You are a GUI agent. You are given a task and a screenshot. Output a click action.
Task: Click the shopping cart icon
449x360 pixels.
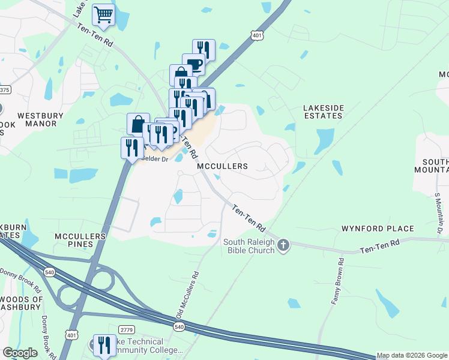(x=104, y=14)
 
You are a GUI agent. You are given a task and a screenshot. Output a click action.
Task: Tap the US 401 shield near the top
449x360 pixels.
(x=257, y=36)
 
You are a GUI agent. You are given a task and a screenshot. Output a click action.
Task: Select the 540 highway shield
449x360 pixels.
(x=178, y=326)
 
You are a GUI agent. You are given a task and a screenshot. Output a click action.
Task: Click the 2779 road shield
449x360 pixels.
(x=126, y=329)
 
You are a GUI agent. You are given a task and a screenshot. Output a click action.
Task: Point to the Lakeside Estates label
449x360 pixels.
(x=324, y=112)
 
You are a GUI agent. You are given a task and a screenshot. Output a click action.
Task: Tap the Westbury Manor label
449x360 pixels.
(x=37, y=119)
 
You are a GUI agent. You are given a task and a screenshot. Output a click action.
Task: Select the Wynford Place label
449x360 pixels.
(x=378, y=229)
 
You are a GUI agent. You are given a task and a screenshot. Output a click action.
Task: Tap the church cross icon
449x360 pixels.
(x=283, y=245)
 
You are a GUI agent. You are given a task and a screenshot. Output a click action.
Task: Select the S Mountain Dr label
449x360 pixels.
(x=438, y=214)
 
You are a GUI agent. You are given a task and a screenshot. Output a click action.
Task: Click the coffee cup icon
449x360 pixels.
(x=193, y=64)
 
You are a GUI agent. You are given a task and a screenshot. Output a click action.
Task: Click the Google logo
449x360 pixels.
(x=20, y=353)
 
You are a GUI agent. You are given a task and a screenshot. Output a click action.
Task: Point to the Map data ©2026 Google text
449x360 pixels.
(x=412, y=356)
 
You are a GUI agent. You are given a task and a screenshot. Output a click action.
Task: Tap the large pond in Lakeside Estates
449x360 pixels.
(x=324, y=140)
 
